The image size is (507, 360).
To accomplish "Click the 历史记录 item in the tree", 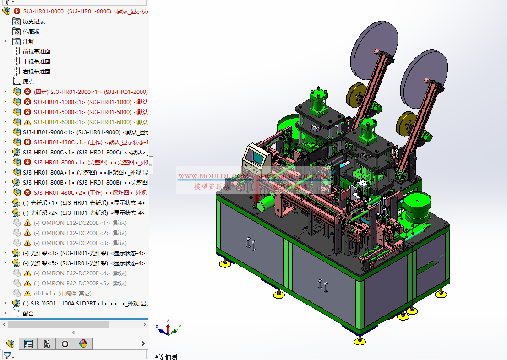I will [x=33, y=22].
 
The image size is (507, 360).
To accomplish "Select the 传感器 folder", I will [x=31, y=32].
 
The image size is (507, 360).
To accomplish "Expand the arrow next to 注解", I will [x=5, y=41].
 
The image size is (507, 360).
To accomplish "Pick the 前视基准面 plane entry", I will [x=36, y=52].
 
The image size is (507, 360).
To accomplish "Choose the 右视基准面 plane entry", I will [x=36, y=72].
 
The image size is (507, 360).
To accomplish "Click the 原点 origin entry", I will [x=28, y=82].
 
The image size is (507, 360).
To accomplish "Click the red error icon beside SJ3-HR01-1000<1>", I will [x=27, y=102].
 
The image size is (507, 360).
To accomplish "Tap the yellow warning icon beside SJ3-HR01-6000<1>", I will [x=27, y=122].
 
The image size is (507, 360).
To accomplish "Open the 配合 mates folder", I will [x=28, y=314].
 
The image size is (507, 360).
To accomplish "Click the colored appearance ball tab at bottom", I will [x=83, y=344].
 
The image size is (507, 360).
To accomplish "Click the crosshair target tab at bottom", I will [x=65, y=344].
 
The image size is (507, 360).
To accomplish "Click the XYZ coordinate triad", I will [x=168, y=327].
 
